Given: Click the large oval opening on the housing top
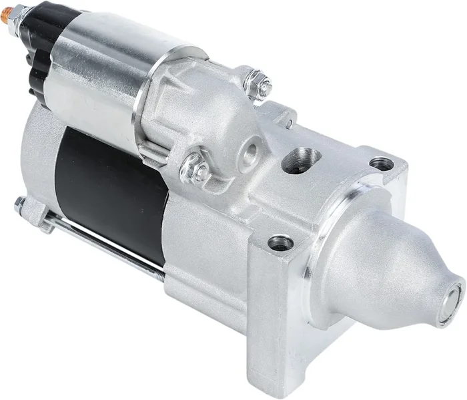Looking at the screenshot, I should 301,160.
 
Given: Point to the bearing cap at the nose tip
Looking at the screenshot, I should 452,294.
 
